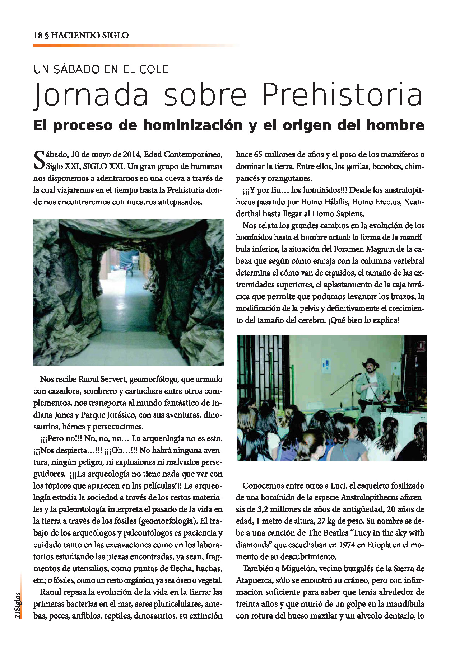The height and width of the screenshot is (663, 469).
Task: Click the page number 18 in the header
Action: pyautogui.click(x=37, y=36)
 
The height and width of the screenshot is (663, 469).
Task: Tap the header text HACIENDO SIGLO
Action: pyautogui.click(x=90, y=36)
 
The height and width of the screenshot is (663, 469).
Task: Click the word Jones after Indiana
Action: pyautogui.click(x=64, y=415)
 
